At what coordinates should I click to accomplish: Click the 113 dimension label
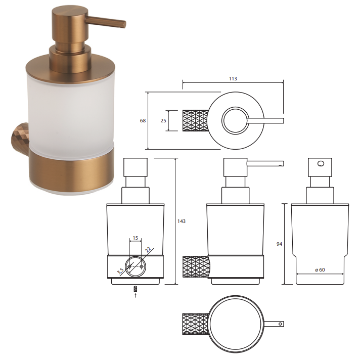[233, 79]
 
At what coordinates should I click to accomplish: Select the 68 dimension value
[143, 120]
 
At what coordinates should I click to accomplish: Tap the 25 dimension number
[163, 120]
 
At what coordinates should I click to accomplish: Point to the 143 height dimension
[182, 221]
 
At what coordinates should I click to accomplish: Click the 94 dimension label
[279, 244]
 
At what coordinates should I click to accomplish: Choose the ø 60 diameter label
[320, 270]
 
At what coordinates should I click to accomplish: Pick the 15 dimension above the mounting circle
[136, 238]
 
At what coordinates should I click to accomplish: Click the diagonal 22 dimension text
[148, 250]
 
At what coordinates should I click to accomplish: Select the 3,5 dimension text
[121, 271]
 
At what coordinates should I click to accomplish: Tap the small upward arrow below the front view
[136, 295]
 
